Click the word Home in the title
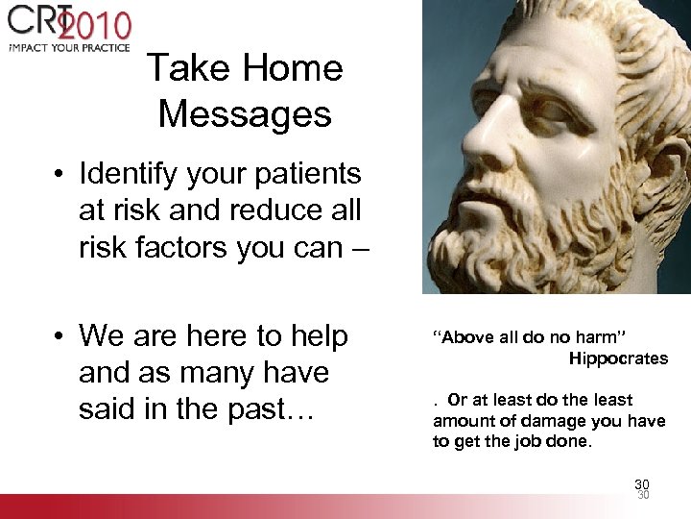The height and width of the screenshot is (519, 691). [x=293, y=68]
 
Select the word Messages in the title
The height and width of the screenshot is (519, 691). [x=245, y=113]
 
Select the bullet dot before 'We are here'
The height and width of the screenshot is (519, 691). [x=60, y=336]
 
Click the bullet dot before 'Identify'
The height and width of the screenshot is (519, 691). [x=60, y=175]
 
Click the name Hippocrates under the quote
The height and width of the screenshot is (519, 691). [x=618, y=358]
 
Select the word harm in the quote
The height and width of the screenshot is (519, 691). [x=597, y=336]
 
